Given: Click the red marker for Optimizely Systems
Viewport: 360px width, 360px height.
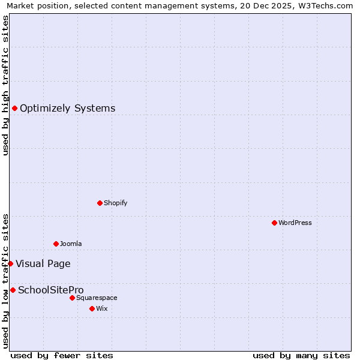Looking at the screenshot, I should click(14, 108).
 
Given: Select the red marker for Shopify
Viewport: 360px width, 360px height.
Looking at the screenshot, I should click(100, 203).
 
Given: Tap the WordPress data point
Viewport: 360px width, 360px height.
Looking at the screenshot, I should click(274, 223).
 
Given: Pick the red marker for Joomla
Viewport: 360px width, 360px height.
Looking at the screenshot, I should click(56, 244).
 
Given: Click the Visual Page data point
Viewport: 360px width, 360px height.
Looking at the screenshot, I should click(10, 263).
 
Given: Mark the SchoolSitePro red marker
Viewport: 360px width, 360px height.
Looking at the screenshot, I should click(13, 290).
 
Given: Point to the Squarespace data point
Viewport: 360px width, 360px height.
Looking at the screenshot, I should click(72, 298).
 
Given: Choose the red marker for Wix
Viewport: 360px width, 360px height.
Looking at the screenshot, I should click(92, 308).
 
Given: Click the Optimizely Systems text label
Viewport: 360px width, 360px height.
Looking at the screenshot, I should click(67, 109).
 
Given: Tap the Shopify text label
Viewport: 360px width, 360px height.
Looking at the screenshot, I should click(115, 203).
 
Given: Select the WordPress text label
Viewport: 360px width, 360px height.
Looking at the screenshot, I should click(295, 223).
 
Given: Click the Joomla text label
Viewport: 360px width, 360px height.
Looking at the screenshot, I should click(71, 244).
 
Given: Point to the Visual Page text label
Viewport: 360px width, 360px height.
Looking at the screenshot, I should click(43, 264).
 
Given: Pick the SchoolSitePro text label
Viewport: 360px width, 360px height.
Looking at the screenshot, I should click(50, 290).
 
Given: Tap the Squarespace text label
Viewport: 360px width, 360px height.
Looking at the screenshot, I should click(97, 298).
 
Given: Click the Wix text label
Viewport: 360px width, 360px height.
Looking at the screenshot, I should click(101, 308).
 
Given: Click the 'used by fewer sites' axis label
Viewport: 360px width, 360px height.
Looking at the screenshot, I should click(62, 355).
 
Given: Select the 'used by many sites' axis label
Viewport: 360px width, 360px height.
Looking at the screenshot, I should click(301, 355).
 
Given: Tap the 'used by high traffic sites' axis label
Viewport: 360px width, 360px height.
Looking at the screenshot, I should click(5, 85).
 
